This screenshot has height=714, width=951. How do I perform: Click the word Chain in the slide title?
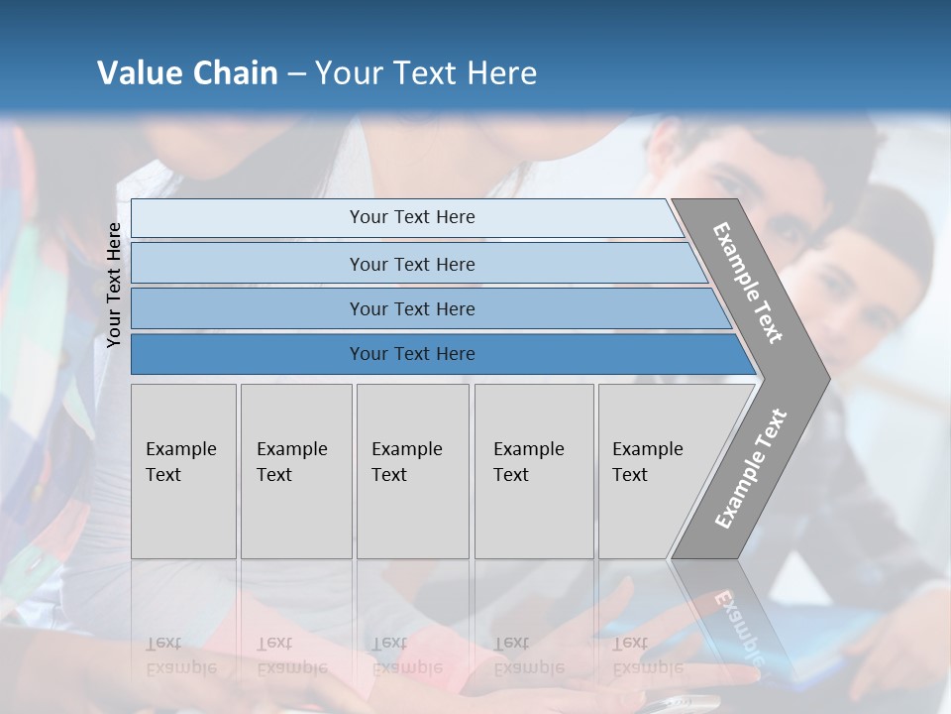pyautogui.click(x=236, y=73)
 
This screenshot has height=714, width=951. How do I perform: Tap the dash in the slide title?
pyautogui.click(x=296, y=74)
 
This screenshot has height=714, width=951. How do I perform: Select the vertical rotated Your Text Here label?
pyautogui.click(x=114, y=286)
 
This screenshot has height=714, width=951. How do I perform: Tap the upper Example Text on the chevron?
pyautogui.click(x=748, y=283)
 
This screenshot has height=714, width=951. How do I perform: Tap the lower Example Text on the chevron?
pyautogui.click(x=751, y=469)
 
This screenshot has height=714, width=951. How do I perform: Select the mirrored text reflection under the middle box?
pyautogui.click(x=406, y=655)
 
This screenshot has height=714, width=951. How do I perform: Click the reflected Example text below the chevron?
pyautogui.click(x=738, y=625)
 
